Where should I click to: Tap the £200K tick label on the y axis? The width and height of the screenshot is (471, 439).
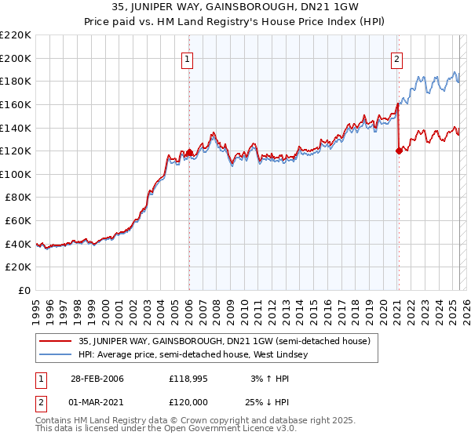16,58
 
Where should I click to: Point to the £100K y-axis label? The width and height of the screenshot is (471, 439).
16,174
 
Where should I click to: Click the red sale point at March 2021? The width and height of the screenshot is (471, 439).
399,151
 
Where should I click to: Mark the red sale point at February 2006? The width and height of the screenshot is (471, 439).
188,152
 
